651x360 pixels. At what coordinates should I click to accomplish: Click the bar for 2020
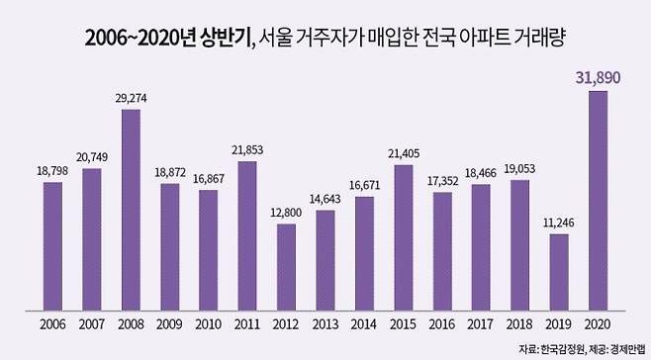click(597, 203)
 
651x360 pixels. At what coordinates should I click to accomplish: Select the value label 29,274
click(132, 99)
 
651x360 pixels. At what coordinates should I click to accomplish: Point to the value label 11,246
click(558, 224)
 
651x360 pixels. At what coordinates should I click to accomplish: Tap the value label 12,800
click(287, 214)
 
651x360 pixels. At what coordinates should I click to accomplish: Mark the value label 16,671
click(364, 186)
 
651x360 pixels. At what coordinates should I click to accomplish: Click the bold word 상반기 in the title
click(219, 39)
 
